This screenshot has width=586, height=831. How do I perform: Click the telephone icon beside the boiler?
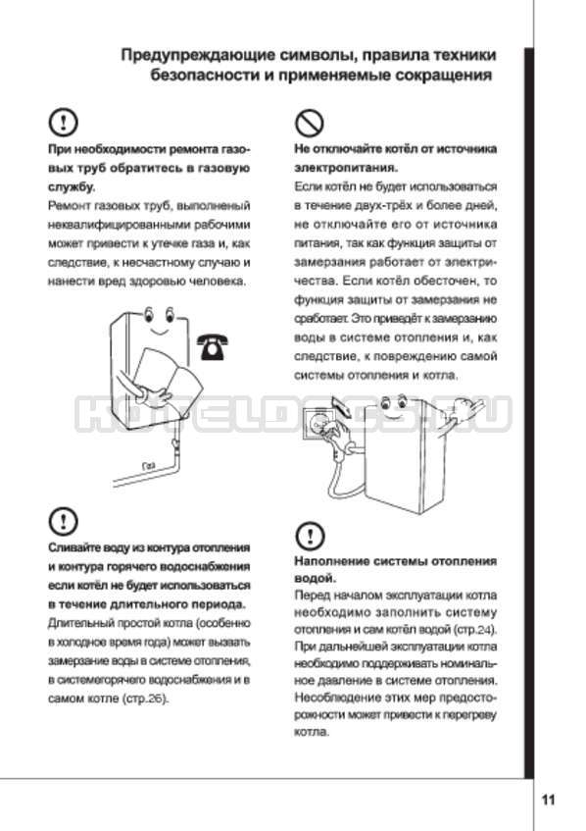click(x=212, y=347)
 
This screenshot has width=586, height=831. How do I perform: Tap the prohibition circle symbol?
click(x=309, y=124)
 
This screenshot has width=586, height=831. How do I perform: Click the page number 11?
click(x=548, y=800)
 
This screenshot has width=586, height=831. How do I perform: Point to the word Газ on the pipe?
click(x=149, y=466)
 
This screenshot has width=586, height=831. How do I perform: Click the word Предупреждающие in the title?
click(x=206, y=56)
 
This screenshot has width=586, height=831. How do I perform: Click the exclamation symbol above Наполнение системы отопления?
click(x=310, y=536)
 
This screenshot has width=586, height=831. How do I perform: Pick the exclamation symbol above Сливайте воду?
click(x=63, y=522)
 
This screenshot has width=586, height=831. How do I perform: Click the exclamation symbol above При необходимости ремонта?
click(x=63, y=123)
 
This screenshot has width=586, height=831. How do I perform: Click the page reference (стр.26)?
click(x=145, y=699)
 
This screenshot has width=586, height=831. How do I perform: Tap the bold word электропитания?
click(x=346, y=168)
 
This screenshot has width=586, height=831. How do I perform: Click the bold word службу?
click(x=72, y=187)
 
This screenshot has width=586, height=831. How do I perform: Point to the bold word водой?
click(x=315, y=578)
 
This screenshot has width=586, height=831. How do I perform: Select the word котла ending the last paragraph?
click(x=312, y=733)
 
